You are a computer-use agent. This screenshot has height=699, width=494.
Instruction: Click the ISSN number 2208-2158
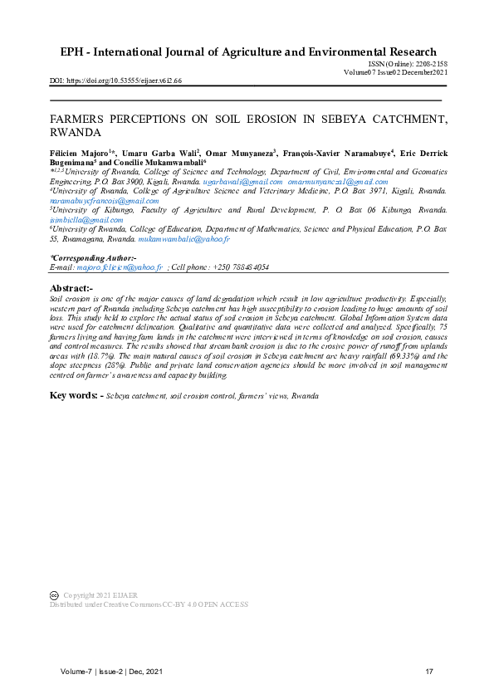coord(430,64)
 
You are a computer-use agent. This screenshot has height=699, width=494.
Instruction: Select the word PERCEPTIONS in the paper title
coord(157,119)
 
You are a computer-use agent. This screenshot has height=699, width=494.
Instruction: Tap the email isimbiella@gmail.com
coord(87,220)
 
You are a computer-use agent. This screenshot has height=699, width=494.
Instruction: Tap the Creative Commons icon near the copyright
coord(55,595)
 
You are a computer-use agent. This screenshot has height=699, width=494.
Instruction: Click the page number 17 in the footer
coord(429,671)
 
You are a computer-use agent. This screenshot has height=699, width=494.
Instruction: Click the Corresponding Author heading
coord(88,259)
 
